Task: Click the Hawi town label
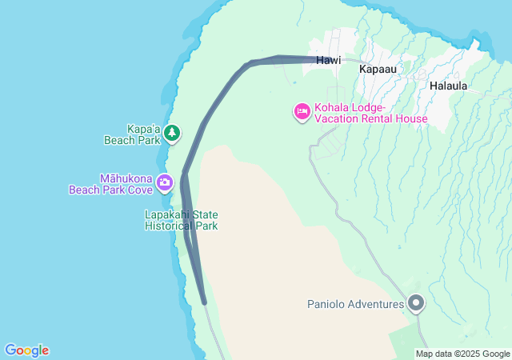tap(328, 60)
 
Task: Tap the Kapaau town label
tap(378, 70)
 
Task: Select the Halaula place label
tap(448, 85)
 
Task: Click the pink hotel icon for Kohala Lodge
tap(302, 111)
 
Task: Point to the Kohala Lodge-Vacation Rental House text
tap(370, 114)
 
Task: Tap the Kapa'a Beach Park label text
tap(133, 134)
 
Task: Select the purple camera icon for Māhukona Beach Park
tap(165, 182)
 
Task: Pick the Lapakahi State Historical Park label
tap(182, 220)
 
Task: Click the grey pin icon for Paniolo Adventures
tap(416, 303)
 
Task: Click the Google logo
tap(26, 350)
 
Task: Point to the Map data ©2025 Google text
tap(462, 354)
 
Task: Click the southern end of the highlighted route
tap(205, 302)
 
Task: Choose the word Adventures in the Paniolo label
tap(376, 304)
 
